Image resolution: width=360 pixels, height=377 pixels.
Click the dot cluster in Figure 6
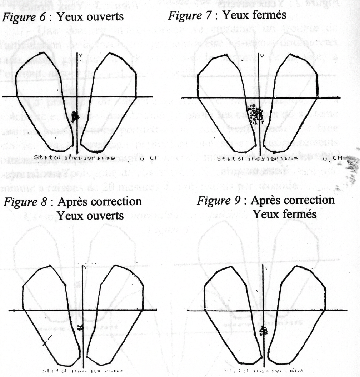tap(75, 116)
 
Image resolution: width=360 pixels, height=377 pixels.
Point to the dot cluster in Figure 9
tap(263, 331)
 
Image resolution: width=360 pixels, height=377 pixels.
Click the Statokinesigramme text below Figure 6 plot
tap(75, 157)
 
